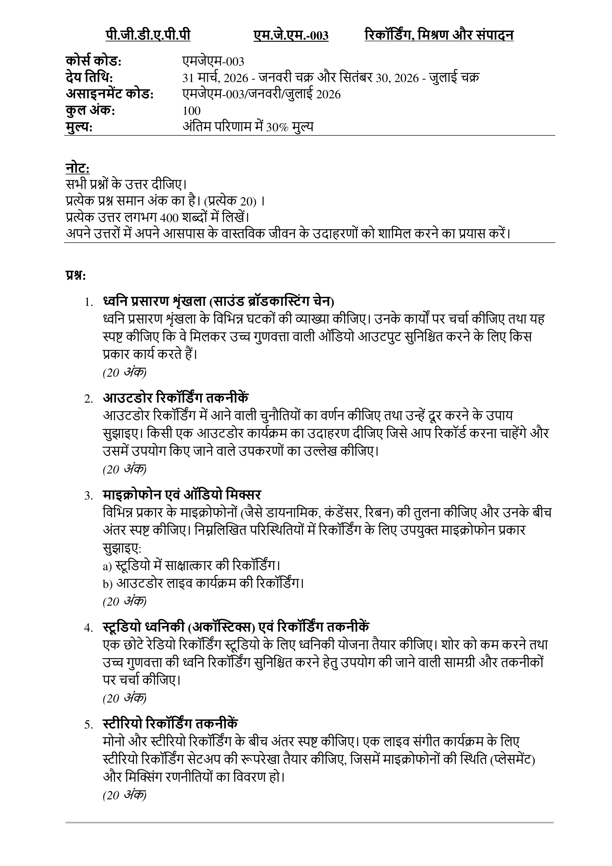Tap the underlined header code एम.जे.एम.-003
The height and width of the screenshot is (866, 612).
[290, 36]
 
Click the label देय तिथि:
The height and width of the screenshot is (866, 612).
[89, 78]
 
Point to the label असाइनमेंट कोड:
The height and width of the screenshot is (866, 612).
[110, 94]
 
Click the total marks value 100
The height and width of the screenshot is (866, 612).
[191, 111]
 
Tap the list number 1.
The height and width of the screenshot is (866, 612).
[88, 302]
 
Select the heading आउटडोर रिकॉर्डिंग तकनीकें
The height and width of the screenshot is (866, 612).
[176, 398]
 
